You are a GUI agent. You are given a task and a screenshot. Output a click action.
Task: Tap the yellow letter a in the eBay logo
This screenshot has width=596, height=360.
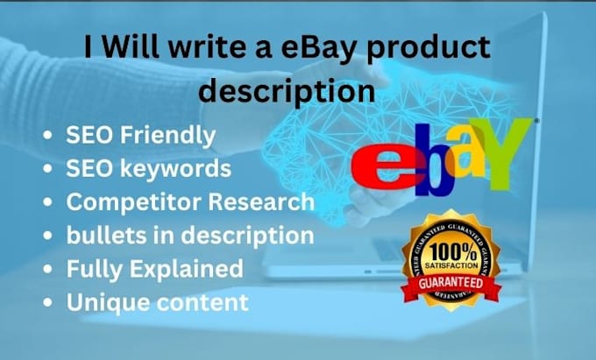[474, 151]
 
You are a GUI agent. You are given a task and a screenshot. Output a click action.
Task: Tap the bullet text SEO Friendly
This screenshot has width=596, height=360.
[140, 135]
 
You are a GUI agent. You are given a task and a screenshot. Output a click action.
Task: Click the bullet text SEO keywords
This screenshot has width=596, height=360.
[148, 168]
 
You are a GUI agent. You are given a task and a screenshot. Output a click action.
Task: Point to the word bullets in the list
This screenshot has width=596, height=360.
[102, 235]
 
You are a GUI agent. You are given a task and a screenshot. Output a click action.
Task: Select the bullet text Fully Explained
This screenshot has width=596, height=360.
[154, 269]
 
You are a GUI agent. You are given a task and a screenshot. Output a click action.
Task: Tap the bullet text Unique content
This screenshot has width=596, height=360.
[157, 302]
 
